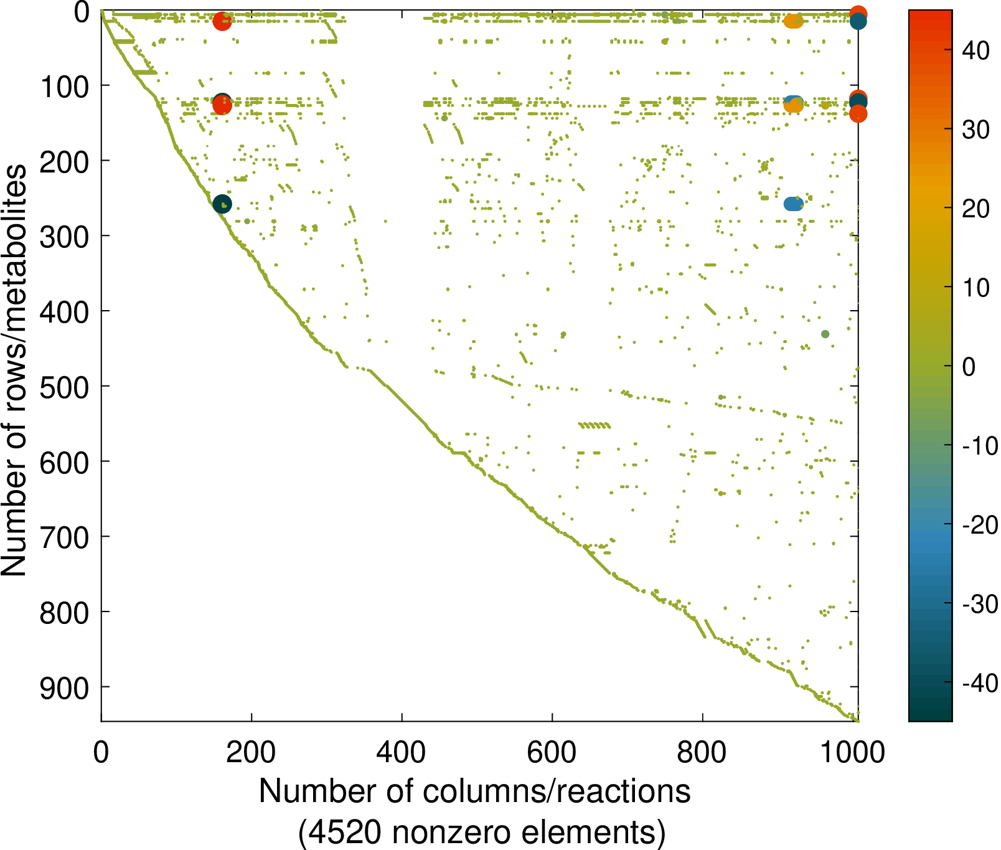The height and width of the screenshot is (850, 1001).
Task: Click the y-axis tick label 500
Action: [64, 387]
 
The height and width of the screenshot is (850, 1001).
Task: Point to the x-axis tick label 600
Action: [552, 753]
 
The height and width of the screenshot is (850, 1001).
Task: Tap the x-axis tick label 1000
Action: [852, 753]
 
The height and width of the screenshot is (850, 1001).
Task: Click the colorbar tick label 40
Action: [975, 50]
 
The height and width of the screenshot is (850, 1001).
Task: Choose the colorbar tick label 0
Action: [969, 367]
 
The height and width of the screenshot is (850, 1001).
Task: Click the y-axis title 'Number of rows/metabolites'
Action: [14, 371]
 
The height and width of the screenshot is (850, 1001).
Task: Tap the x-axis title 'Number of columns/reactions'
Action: [474, 792]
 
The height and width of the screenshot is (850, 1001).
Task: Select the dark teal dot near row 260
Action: [222, 204]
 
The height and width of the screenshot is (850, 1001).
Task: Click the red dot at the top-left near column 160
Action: [222, 21]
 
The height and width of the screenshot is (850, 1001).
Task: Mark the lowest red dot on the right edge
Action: [858, 113]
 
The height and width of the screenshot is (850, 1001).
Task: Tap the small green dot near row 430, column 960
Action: [825, 334]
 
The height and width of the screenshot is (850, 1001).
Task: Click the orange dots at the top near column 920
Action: [793, 21]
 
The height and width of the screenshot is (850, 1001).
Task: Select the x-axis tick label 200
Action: [251, 753]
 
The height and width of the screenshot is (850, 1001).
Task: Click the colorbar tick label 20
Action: [975, 209]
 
